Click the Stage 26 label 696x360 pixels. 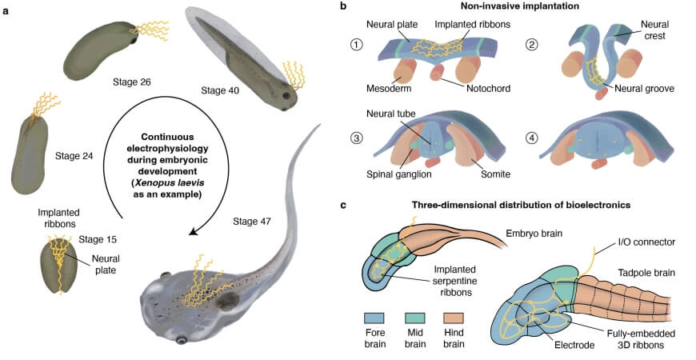[x=134, y=81]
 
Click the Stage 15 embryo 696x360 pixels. [x=57, y=270]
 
